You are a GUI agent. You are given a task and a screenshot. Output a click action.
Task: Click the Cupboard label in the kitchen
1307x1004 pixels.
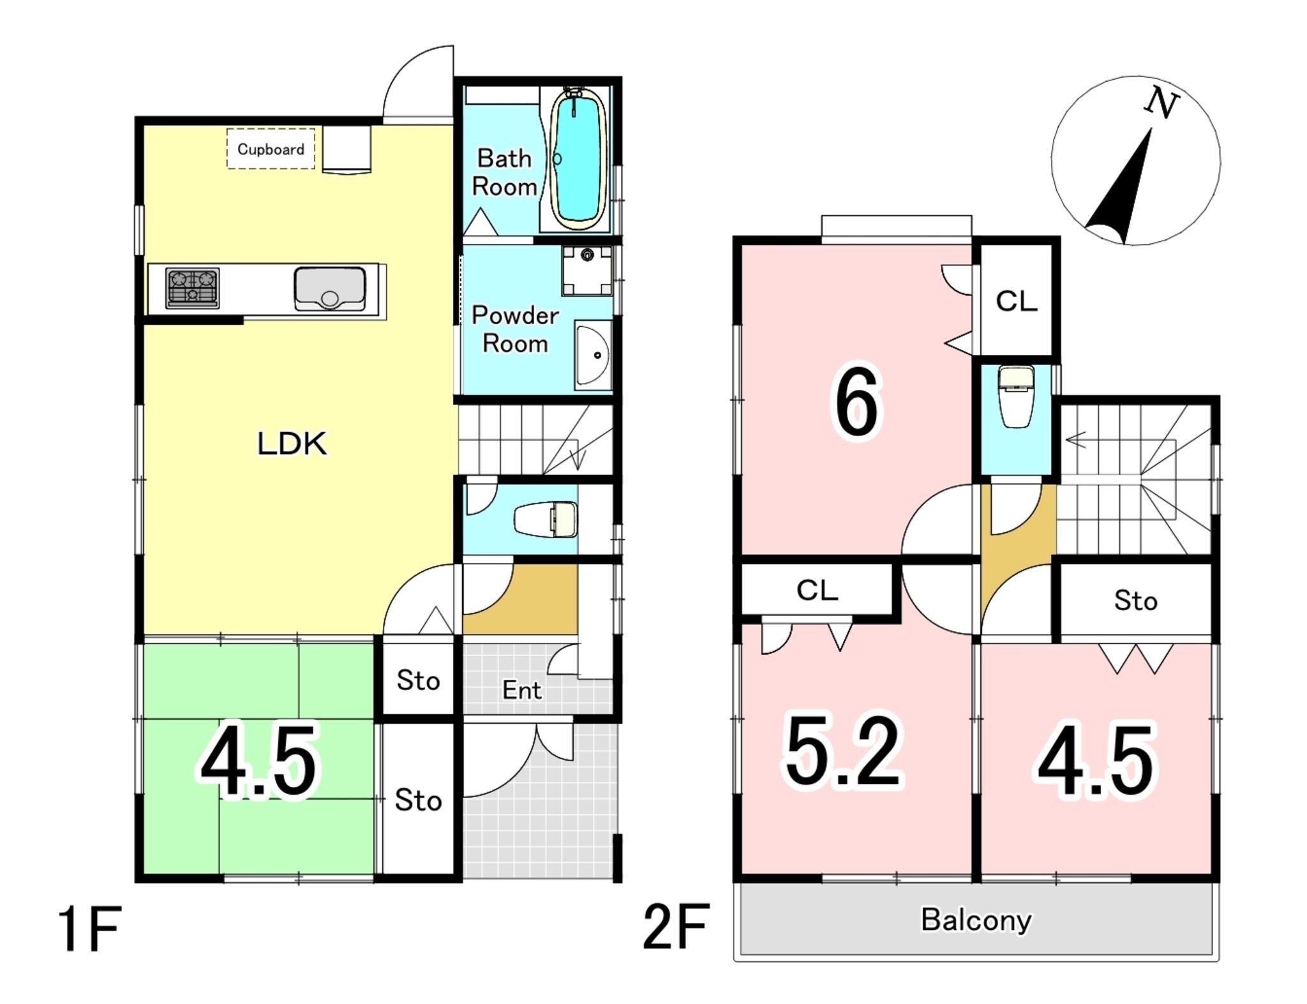coord(271,149)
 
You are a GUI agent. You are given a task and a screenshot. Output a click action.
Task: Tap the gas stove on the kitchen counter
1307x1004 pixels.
coord(192,288)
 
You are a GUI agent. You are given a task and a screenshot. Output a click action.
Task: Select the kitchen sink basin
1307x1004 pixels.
coord(330,288)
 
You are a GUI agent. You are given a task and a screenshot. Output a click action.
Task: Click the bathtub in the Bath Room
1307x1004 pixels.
coord(577,160)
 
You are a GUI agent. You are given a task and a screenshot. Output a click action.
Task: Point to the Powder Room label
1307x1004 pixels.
coord(515,329)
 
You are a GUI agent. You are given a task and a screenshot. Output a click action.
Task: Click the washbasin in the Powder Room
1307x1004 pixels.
coord(593,355)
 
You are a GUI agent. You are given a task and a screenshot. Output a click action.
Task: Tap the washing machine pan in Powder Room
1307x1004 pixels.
coord(587,271)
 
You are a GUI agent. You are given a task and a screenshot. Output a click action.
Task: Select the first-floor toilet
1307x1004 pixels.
coord(546,520)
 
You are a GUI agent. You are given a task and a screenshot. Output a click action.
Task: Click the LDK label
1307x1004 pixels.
coord(292,444)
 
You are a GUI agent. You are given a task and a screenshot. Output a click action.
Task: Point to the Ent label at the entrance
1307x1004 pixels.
coord(522,690)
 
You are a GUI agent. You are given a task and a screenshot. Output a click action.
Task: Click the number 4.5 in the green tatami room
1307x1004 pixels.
coord(258,761)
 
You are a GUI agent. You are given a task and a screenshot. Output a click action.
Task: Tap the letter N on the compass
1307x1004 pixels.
coord(1161,104)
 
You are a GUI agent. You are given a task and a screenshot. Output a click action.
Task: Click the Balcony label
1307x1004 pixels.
coord(976,920)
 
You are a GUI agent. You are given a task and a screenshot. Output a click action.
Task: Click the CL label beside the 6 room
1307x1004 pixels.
coord(1017,301)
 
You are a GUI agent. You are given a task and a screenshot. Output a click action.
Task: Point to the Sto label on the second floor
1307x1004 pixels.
coord(1136,601)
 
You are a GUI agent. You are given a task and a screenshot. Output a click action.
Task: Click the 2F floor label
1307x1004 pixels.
coord(676,925)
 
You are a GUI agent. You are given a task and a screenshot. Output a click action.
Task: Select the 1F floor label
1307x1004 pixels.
coord(90,929)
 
